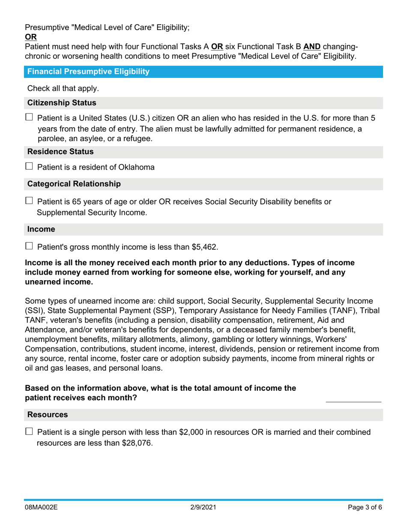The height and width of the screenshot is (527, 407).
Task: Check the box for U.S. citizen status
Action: [29, 117]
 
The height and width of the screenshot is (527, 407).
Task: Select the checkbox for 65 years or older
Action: [29, 201]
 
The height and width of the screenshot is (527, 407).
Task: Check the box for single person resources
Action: [29, 431]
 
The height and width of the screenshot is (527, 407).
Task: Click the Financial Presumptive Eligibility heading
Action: [88, 72]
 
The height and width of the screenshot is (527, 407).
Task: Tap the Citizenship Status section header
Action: [62, 103]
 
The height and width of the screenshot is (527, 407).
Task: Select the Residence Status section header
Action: [60, 152]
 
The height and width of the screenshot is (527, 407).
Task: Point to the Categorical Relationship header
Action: [74, 184]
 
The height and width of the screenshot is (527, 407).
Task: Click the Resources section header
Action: [48, 415]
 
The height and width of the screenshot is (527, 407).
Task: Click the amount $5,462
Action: [203, 247]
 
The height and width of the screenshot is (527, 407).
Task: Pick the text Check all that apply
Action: [63, 88]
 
